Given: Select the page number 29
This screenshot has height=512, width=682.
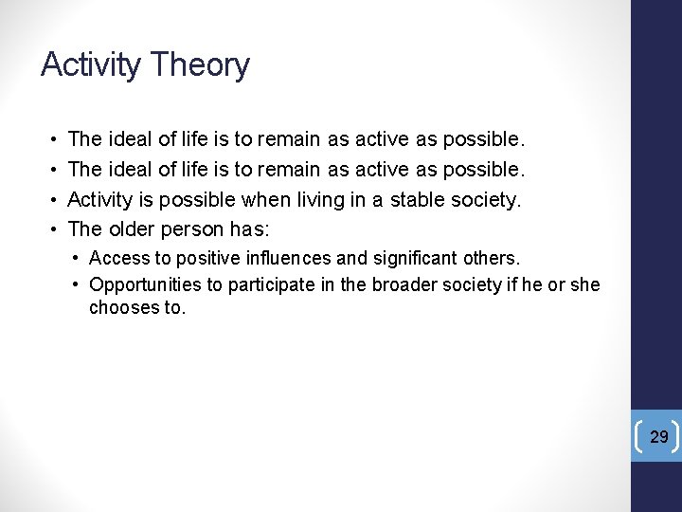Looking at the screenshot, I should click(659, 436).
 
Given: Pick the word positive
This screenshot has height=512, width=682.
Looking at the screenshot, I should click(196, 258).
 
